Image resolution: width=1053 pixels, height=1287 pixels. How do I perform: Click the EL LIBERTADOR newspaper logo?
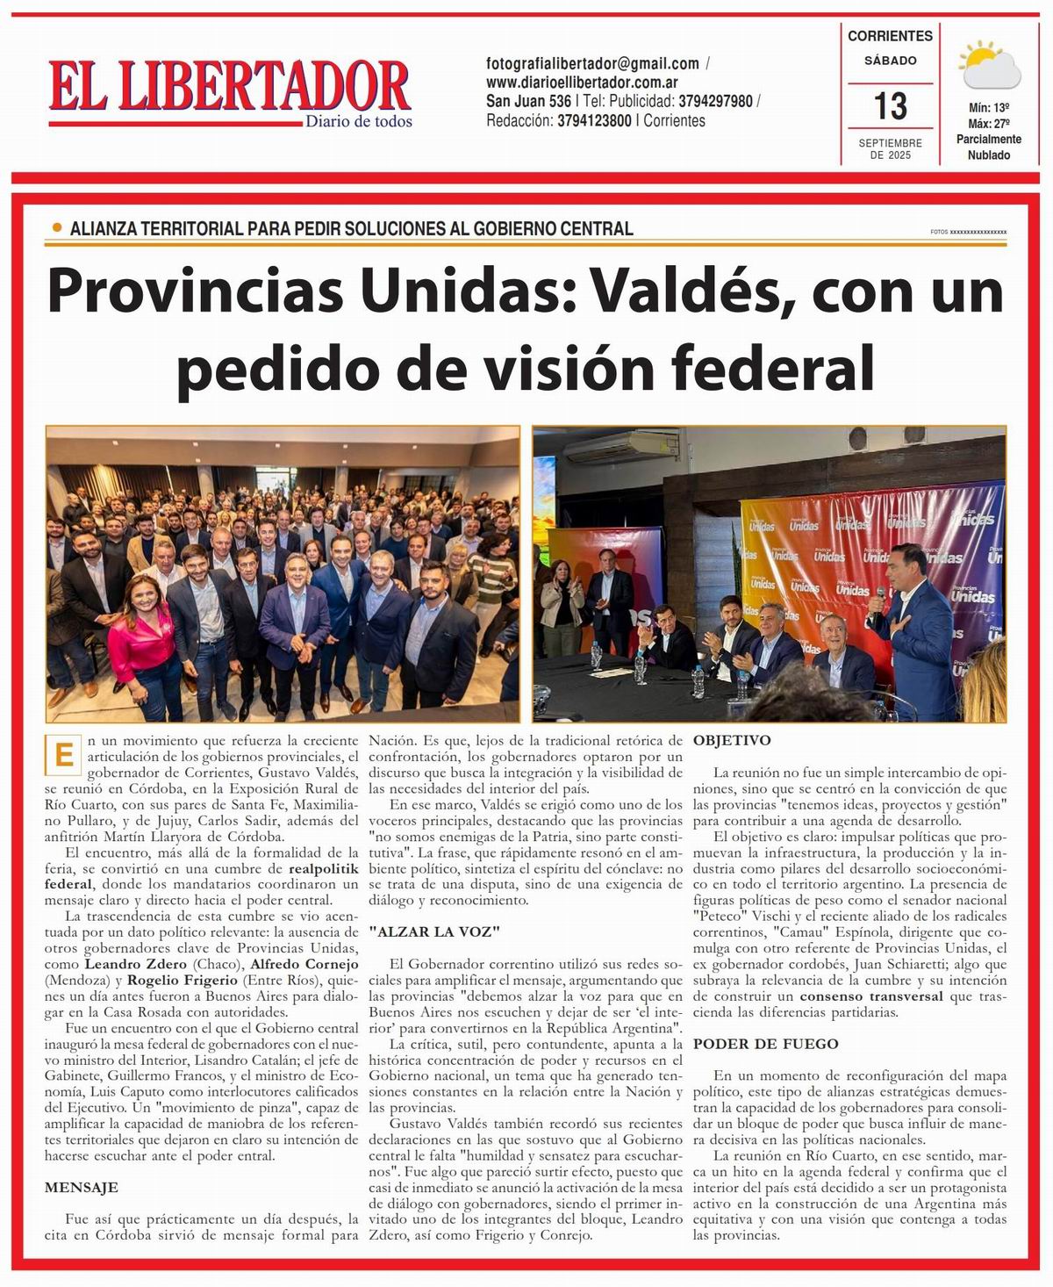pos(230,88)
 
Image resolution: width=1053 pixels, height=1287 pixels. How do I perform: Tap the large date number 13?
pos(890,106)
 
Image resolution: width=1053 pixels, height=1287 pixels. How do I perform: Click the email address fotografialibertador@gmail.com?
pos(592,63)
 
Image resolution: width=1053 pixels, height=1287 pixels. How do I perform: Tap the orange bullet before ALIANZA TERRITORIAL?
pos(57,227)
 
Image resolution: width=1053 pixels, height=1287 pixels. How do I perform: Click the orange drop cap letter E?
pos(64,756)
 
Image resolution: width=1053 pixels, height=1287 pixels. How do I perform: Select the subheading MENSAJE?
pos(82,1187)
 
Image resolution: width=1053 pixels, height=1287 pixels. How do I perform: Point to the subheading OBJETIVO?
pos(732,740)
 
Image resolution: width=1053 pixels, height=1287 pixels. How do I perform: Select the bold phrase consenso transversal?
pos(871,996)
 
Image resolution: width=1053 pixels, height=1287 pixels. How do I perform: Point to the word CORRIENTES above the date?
pos(890,36)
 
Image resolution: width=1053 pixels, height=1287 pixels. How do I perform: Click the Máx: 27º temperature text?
pos(988,123)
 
